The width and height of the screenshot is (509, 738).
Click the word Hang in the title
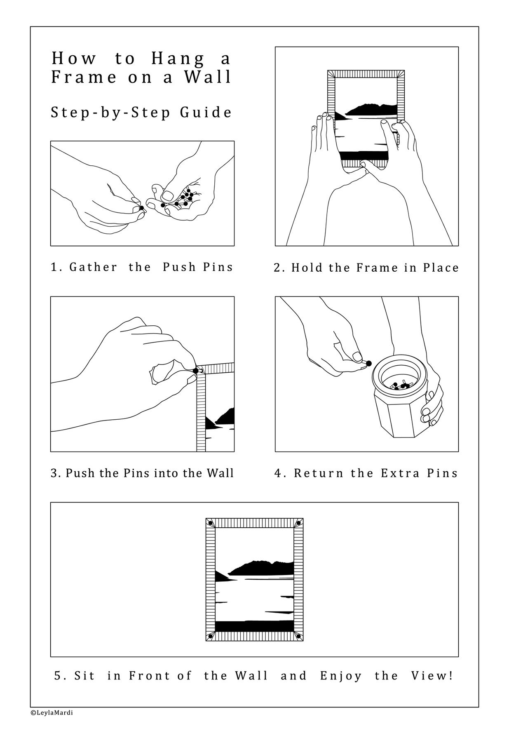click(x=178, y=59)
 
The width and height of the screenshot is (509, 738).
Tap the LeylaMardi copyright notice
click(x=52, y=712)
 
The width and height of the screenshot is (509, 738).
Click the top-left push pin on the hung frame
click(x=210, y=523)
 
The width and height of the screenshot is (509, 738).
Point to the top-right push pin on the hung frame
click(x=298, y=523)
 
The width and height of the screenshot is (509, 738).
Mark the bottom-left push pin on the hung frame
click(x=210, y=637)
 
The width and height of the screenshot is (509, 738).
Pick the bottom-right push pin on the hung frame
click(x=298, y=637)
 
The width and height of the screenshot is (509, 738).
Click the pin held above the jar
click(x=368, y=363)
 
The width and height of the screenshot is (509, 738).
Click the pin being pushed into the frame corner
click(x=195, y=371)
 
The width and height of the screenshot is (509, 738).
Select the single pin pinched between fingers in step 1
click(x=141, y=208)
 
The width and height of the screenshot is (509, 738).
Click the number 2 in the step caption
click(x=277, y=268)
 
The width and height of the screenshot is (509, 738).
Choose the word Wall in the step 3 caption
click(x=220, y=473)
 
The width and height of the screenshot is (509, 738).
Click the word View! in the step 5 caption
click(x=432, y=676)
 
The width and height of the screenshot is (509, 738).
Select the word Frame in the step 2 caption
click(x=377, y=268)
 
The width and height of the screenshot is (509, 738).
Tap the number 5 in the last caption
click(x=58, y=676)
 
